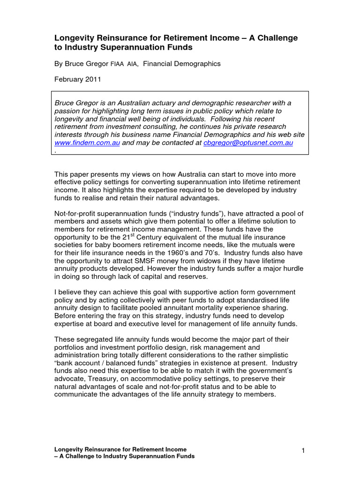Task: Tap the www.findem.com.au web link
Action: pos(87,143)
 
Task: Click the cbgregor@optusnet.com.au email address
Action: pos(248,143)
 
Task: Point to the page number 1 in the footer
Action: pos(303,451)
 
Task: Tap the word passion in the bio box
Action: pos(67,111)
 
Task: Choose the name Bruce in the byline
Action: pos(75,64)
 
